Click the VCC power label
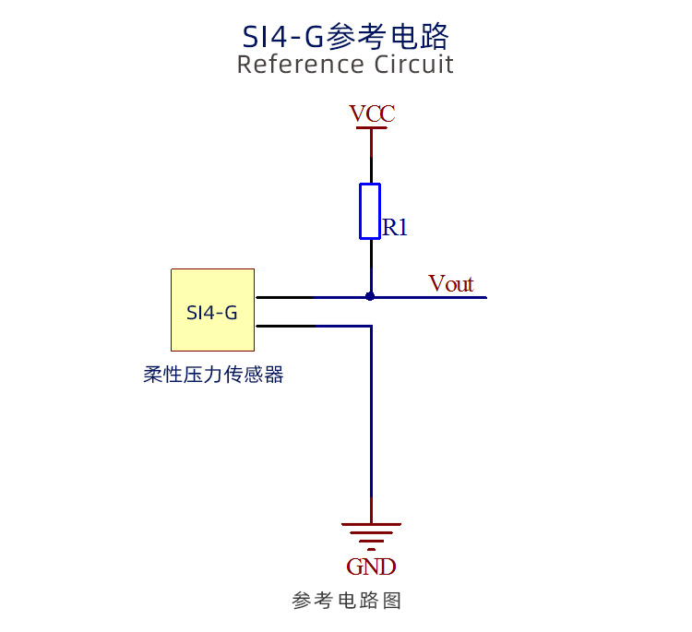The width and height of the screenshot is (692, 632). pyautogui.click(x=372, y=113)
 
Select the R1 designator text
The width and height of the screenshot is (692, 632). pyautogui.click(x=395, y=227)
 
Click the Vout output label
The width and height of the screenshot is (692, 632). pyautogui.click(x=450, y=283)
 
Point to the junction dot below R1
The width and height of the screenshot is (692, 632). pyautogui.click(x=370, y=296)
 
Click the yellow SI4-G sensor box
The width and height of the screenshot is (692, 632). pyautogui.click(x=213, y=310)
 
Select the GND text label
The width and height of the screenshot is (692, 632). pyautogui.click(x=371, y=566)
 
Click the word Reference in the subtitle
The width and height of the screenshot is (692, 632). pyautogui.click(x=303, y=65)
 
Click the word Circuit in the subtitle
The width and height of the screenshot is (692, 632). pyautogui.click(x=414, y=65)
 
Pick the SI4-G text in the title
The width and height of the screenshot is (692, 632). pyautogui.click(x=283, y=37)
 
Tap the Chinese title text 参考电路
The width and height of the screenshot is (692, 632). pyautogui.click(x=388, y=36)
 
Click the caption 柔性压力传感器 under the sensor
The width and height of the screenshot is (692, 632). pyautogui.click(x=213, y=375)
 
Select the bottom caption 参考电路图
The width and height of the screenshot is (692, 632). pyautogui.click(x=346, y=601)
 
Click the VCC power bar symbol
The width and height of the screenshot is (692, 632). pyautogui.click(x=371, y=128)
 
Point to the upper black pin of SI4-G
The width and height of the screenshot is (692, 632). pyautogui.click(x=285, y=297)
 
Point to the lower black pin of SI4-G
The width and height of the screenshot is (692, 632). pyautogui.click(x=286, y=327)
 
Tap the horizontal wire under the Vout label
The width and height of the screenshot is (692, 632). pyautogui.click(x=428, y=297)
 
